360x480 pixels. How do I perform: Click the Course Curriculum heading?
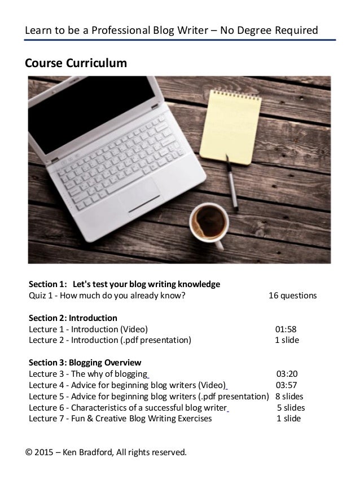tap(76, 63)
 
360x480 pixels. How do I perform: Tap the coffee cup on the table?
tap(209, 223)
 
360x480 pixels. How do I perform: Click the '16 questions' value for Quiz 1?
tap(292, 296)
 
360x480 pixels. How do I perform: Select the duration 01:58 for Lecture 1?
tap(286, 329)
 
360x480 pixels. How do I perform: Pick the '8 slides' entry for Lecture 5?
tap(289, 396)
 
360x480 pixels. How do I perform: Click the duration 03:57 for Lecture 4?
tap(286, 385)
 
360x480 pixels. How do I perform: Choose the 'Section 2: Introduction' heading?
tap(73, 318)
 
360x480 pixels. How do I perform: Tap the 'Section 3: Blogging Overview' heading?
tap(85, 362)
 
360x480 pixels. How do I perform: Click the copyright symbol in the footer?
tap(28, 452)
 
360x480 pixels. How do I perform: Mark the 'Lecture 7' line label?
tap(45, 419)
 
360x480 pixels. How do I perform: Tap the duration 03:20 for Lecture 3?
tap(287, 373)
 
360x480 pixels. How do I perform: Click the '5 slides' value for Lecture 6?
tap(291, 407)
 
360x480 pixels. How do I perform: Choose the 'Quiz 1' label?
tap(41, 296)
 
